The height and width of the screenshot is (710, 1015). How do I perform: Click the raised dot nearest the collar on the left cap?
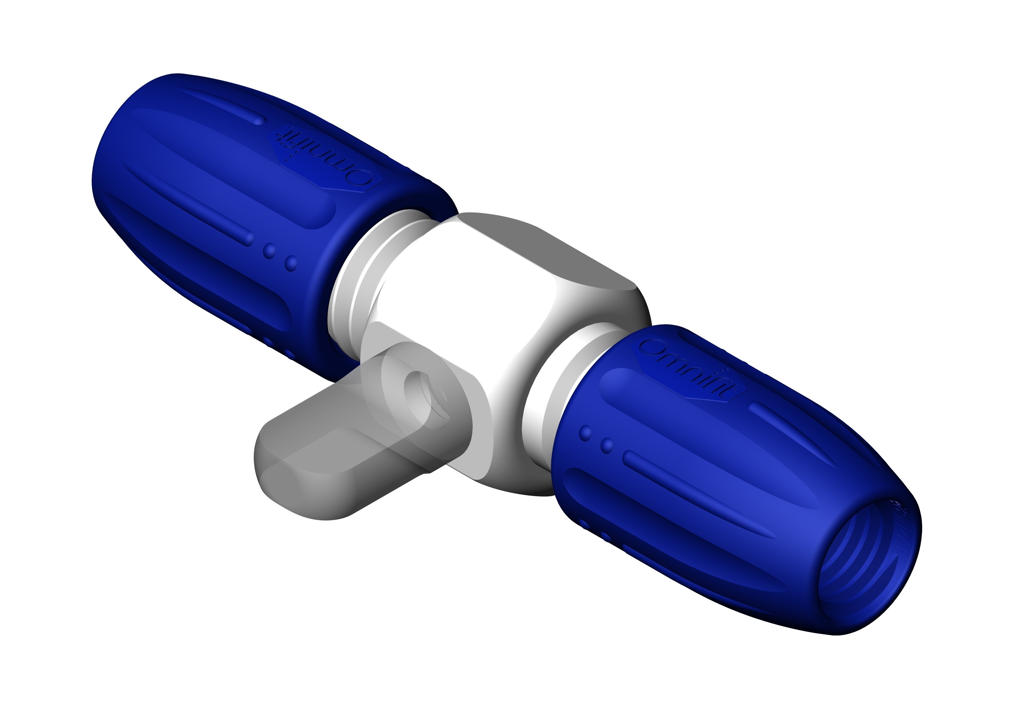point(291,263)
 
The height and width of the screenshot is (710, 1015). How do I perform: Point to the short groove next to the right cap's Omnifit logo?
point(783,424)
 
